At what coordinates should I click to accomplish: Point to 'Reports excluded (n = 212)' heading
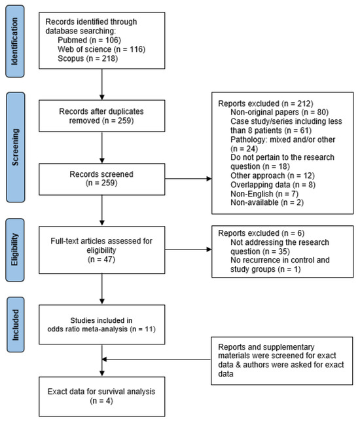255,104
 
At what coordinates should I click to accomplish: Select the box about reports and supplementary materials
279,358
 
